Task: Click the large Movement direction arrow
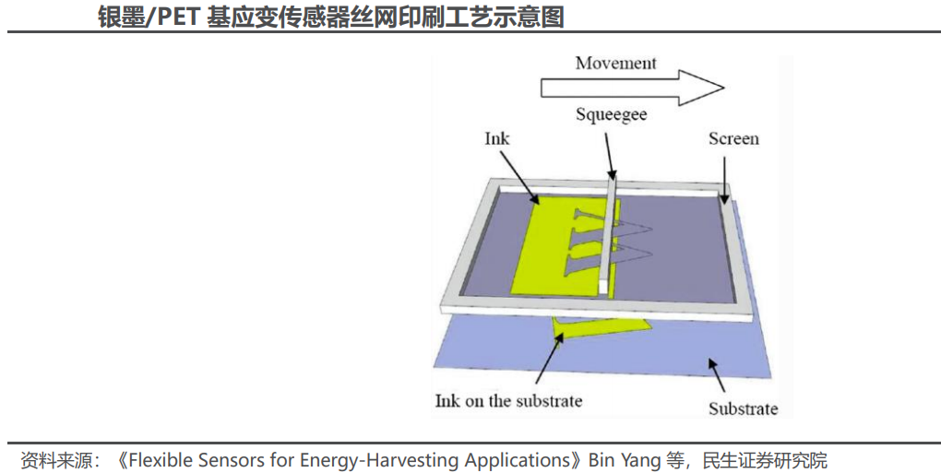[x=632, y=87]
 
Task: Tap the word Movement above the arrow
[x=615, y=64]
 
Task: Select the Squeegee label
[x=611, y=115]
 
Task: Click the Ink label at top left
[x=497, y=138]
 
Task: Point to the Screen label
[x=733, y=139]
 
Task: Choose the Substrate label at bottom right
[x=743, y=408]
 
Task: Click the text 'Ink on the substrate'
[x=508, y=400]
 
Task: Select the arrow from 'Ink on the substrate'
[x=548, y=360]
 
